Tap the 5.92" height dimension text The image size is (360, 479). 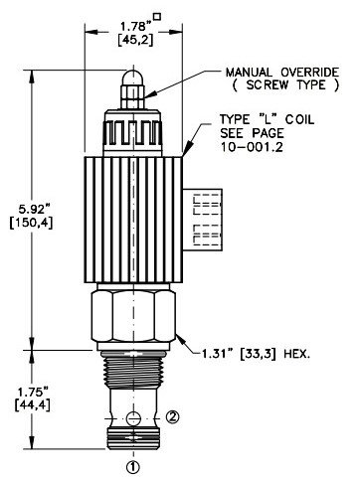tap(32, 210)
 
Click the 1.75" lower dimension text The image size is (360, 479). tap(33, 393)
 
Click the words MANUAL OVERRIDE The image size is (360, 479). tap(282, 73)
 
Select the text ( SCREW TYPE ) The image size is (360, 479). tap(285, 85)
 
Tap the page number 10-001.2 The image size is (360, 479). tap(252, 147)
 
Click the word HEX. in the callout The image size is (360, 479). tap(296, 355)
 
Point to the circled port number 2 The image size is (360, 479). tap(172, 417)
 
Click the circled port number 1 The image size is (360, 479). tap(133, 467)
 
